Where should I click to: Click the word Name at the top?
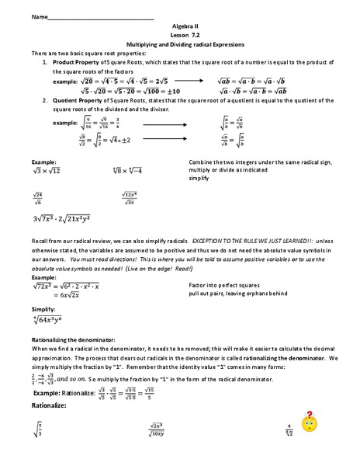tap(18, 16)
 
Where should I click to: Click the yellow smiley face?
tap(310, 426)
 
